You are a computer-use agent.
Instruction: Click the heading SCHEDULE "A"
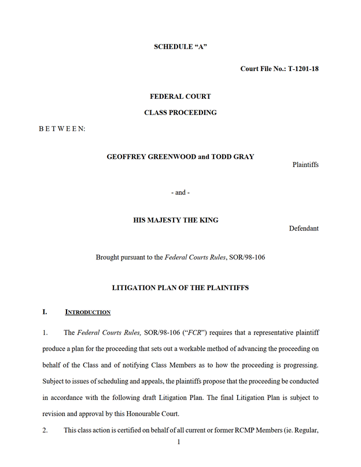pyautogui.click(x=180, y=47)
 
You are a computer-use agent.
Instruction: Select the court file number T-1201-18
pyautogui.click(x=303, y=69)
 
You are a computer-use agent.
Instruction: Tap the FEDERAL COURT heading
pyautogui.click(x=180, y=97)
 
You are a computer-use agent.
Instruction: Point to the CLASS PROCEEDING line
pyautogui.click(x=180, y=113)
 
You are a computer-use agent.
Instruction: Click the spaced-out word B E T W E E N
pyautogui.click(x=62, y=129)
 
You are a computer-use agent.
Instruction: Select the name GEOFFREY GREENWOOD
pyautogui.click(x=152, y=157)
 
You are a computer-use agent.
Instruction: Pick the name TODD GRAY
pyautogui.click(x=232, y=157)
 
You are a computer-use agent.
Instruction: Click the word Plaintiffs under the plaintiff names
pyautogui.click(x=305, y=165)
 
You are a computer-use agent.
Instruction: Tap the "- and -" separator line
pyautogui.click(x=181, y=192)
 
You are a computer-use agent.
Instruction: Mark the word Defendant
pyautogui.click(x=304, y=228)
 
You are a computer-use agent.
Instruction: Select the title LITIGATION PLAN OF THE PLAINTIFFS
pyautogui.click(x=180, y=287)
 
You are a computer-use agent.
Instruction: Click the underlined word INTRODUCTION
pyautogui.click(x=87, y=312)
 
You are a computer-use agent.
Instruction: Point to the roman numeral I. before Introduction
pyautogui.click(x=45, y=312)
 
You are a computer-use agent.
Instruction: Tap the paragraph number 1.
pyautogui.click(x=45, y=332)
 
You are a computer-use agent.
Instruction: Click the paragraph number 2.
pyautogui.click(x=45, y=431)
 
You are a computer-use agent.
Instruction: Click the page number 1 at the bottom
pyautogui.click(x=179, y=442)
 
